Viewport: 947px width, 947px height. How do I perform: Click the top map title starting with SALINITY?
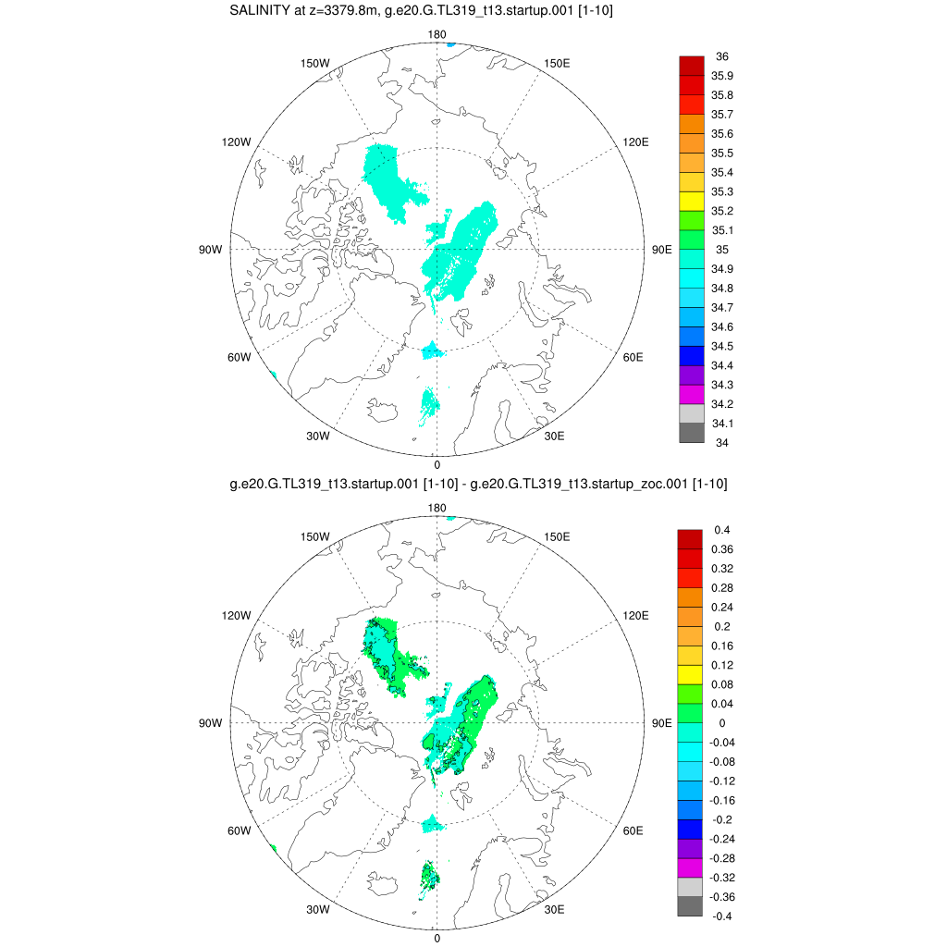tap(421, 11)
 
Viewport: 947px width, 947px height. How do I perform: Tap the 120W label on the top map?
tap(236, 141)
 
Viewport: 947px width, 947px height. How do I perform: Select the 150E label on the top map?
tap(558, 63)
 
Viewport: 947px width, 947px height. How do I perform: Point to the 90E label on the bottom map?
tap(662, 722)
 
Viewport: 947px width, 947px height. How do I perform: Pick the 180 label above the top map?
tap(437, 34)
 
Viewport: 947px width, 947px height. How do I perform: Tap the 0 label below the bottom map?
tap(437, 938)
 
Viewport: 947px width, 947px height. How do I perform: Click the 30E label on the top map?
tap(555, 436)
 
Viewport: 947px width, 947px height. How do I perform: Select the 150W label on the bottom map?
tap(317, 537)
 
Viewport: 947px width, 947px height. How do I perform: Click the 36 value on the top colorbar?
tap(722, 56)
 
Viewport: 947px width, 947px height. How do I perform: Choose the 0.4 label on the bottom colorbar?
tap(722, 530)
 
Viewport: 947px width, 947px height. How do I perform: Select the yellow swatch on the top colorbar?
tap(692, 201)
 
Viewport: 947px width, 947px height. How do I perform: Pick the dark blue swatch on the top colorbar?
tap(692, 356)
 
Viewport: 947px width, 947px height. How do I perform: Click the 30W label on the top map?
tap(318, 436)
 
